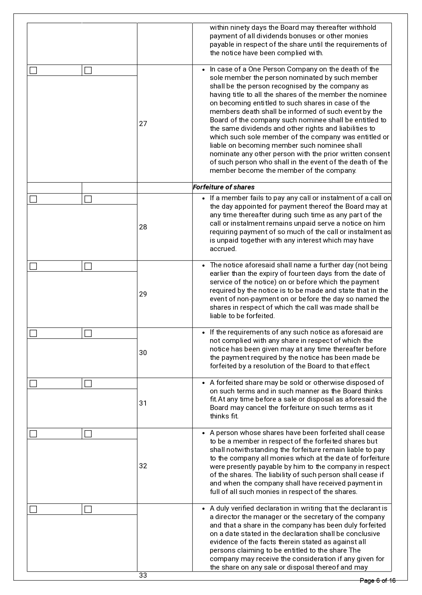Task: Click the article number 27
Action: (x=143, y=124)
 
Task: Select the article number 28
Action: (x=143, y=227)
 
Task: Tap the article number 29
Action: (x=143, y=294)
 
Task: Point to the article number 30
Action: (x=143, y=353)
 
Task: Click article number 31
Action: (x=143, y=403)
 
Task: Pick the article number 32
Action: (x=143, y=466)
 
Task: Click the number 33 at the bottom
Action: (x=143, y=575)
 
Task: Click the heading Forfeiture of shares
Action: (x=223, y=187)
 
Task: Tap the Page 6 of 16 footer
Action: (x=377, y=581)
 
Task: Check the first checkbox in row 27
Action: (x=33, y=70)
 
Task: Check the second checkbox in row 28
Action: (x=88, y=199)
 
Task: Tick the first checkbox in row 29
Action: (x=33, y=266)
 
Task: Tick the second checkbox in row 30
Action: (x=88, y=333)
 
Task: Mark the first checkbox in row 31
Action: (x=33, y=384)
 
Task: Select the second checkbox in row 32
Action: (x=88, y=434)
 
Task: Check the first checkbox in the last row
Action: (x=33, y=509)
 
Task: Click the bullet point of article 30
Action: (x=203, y=332)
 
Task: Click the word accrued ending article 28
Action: (x=222, y=249)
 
